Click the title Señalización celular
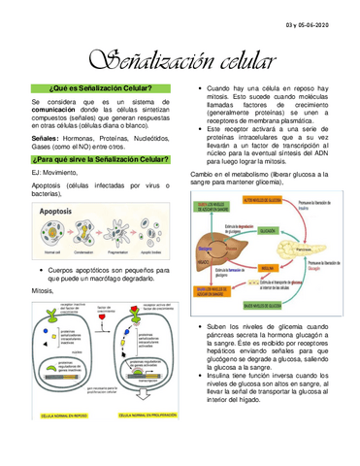click(x=180, y=58)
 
